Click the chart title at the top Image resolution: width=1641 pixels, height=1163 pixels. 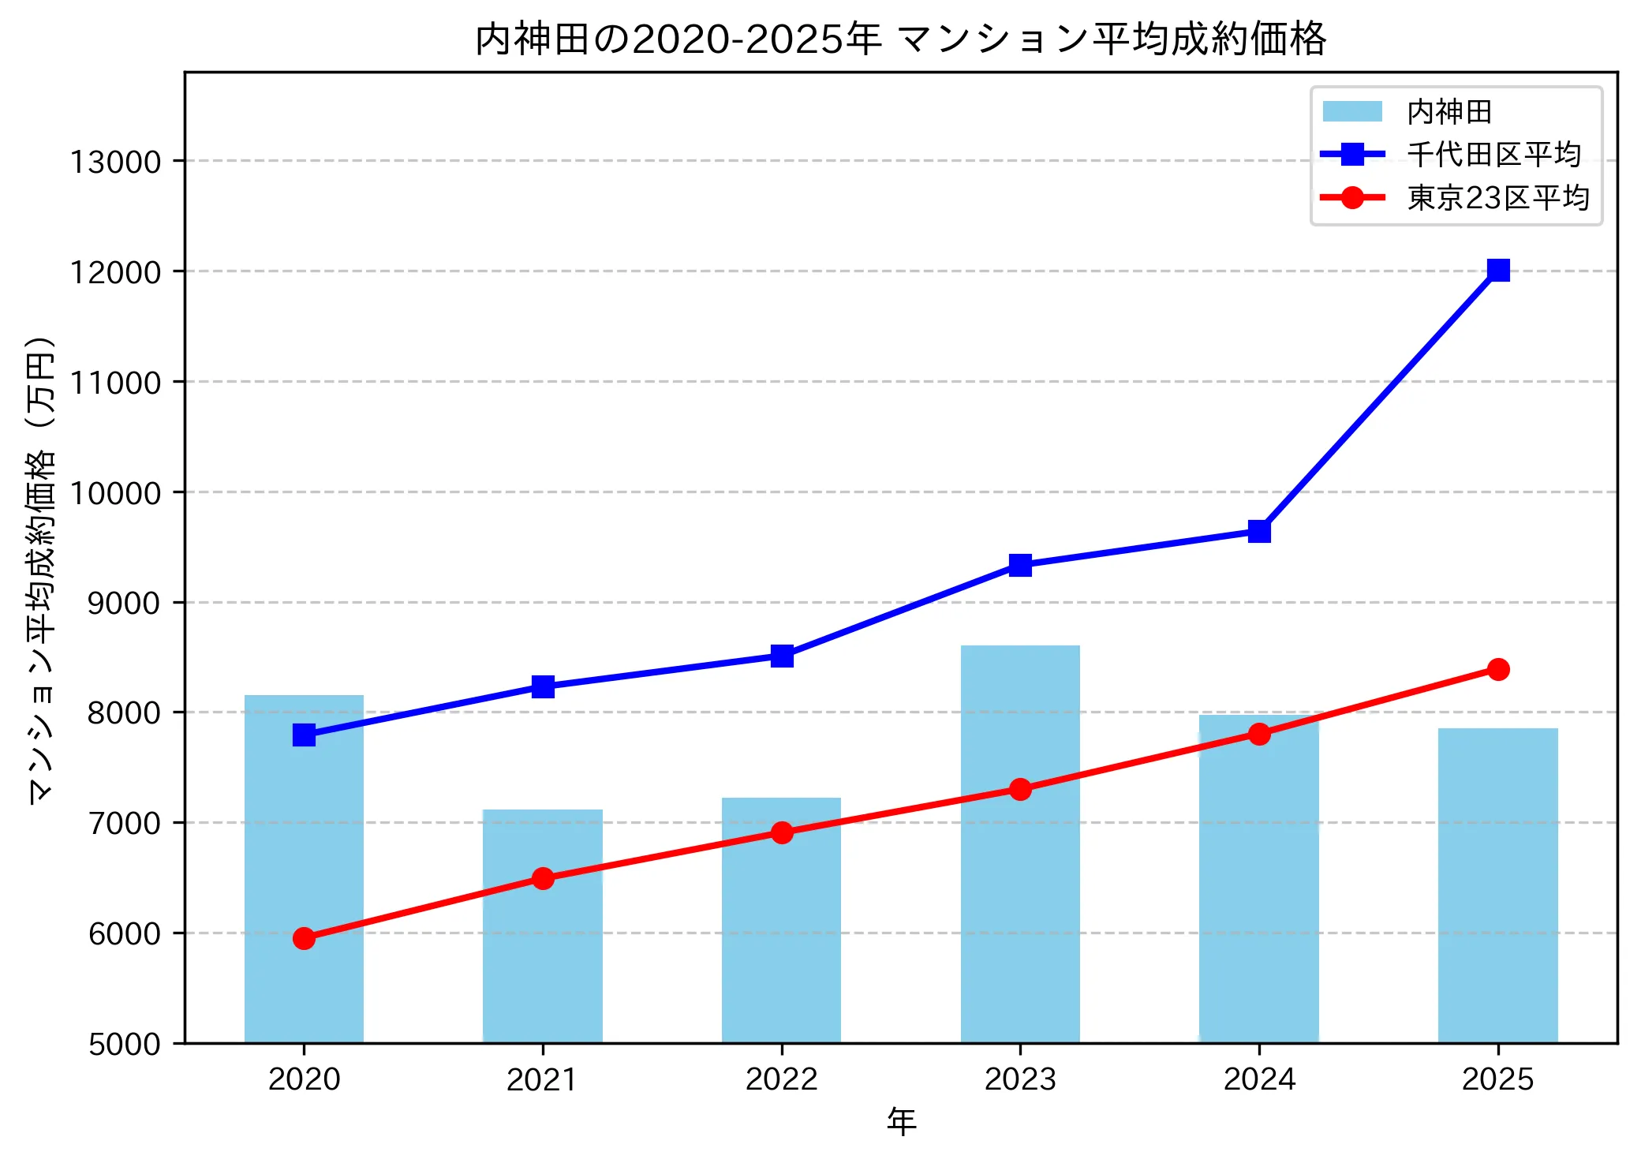pos(900,39)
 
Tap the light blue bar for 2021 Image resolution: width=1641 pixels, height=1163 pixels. pos(543,947)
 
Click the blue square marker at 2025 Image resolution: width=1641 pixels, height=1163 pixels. pos(1498,271)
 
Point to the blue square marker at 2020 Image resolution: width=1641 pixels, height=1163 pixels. pos(304,735)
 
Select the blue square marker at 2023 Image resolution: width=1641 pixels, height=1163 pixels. pos(1020,565)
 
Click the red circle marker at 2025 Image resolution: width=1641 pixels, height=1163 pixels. pos(1498,669)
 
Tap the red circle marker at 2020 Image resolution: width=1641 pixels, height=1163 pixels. pos(304,938)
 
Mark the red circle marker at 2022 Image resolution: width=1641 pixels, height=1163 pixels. pos(782,832)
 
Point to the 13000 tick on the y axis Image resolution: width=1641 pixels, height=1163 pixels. pos(115,162)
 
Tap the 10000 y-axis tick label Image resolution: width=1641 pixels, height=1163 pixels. pos(115,493)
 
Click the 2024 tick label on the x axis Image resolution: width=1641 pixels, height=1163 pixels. pos(1259,1079)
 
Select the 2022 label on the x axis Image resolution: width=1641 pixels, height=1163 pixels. pos(782,1079)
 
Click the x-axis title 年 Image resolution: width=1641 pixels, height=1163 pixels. pos(901,1120)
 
